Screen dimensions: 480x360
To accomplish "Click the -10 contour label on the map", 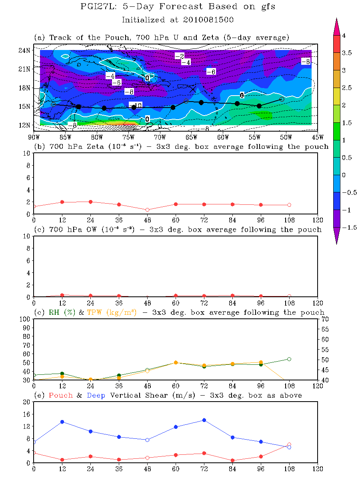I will pyautogui.click(x=136, y=105).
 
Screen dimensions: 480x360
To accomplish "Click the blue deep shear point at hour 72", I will pyautogui.click(x=204, y=420).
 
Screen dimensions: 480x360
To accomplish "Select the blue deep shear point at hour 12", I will pyautogui.click(x=62, y=422).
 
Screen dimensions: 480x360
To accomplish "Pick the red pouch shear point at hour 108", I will pyautogui.click(x=289, y=444).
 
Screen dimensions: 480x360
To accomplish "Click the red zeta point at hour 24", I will pyautogui.click(x=90, y=202).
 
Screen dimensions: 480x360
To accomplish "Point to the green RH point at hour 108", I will pyautogui.click(x=289, y=359).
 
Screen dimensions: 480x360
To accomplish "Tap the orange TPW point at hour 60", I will pyautogui.click(x=176, y=362).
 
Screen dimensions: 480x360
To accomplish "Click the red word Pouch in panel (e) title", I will pyautogui.click(x=60, y=395).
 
